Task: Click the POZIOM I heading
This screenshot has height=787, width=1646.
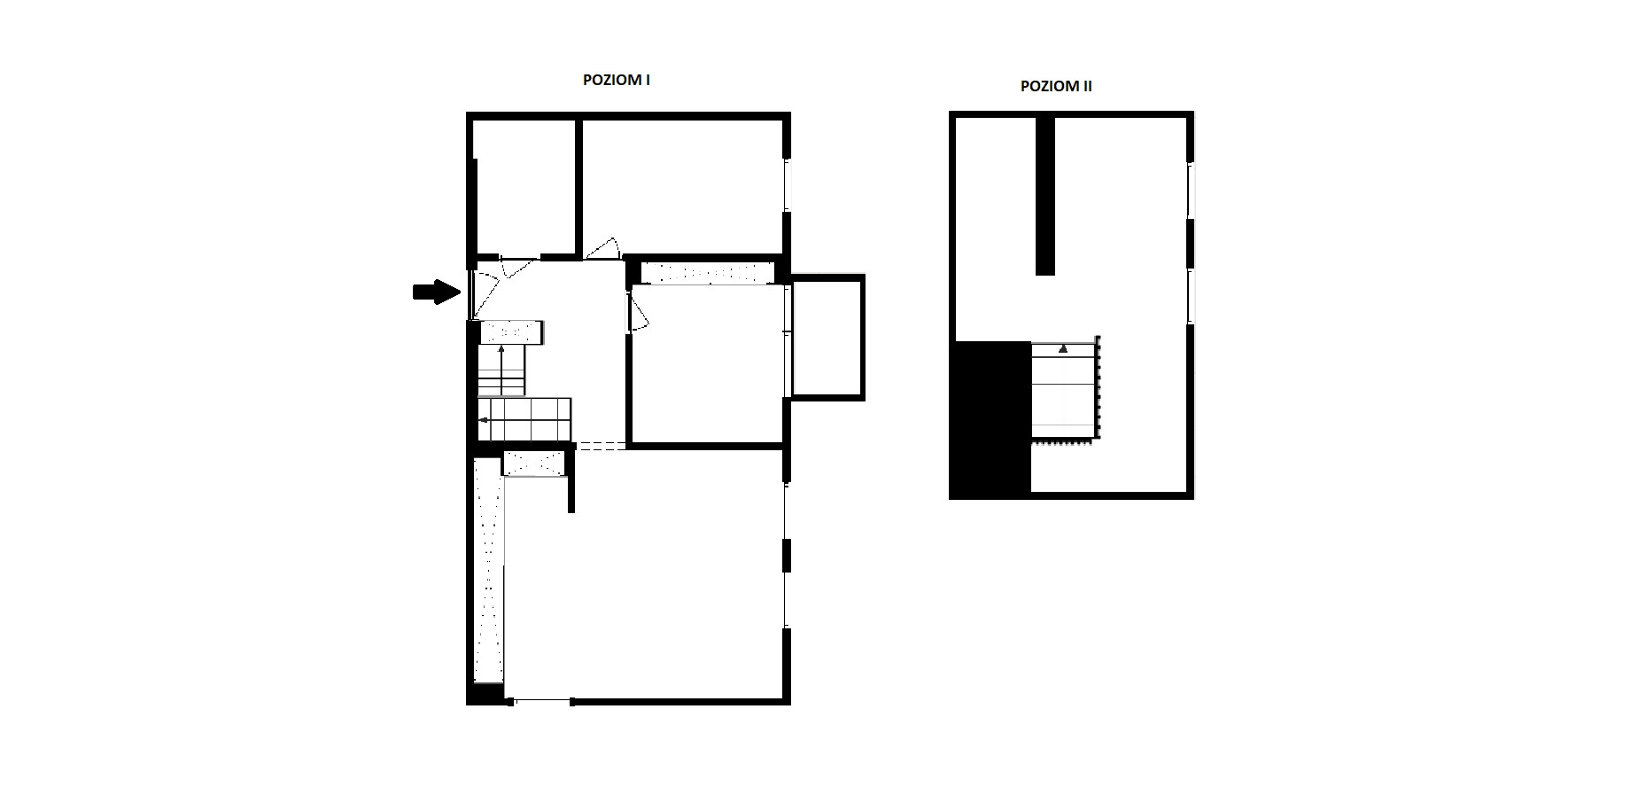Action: [x=617, y=80]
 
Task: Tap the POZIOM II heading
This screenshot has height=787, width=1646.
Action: [x=1056, y=86]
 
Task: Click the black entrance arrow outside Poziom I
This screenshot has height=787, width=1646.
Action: [x=438, y=292]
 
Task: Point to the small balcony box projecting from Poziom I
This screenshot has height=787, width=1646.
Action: [x=827, y=337]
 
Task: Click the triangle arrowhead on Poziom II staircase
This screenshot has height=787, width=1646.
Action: [x=1063, y=348]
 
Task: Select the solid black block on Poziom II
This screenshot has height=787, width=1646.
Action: [x=990, y=418]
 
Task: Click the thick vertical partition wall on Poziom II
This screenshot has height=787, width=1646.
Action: [x=1046, y=195]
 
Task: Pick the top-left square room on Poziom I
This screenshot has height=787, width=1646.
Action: [x=525, y=187]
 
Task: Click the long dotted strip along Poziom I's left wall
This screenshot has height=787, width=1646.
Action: [x=488, y=570]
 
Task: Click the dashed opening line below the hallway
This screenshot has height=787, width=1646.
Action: [x=602, y=446]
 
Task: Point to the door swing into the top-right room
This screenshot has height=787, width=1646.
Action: [x=603, y=249]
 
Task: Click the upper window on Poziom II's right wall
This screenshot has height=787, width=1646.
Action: [x=1191, y=191]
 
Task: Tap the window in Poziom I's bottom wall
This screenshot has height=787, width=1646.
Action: [x=542, y=701]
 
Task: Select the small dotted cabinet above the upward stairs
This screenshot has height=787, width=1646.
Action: [x=511, y=332]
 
